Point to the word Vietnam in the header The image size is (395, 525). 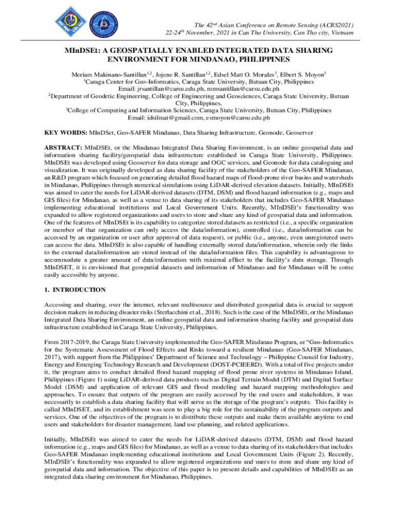pos(342,33)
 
